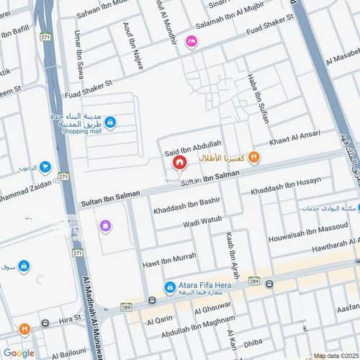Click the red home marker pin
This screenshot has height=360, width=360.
click(x=178, y=163)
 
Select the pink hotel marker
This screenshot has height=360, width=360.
click(x=191, y=42)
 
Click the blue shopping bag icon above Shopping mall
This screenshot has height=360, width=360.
click(x=109, y=123)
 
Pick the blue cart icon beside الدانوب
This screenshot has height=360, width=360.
click(x=45, y=167)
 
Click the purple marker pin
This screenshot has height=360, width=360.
click(x=106, y=227)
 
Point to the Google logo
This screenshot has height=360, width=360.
click(x=19, y=353)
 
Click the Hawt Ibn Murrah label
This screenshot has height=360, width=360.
click(x=168, y=257)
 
